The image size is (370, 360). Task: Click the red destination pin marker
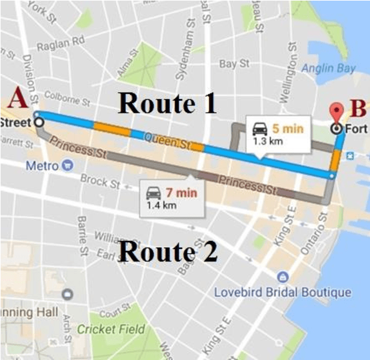pos(337,112)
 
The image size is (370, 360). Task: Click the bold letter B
pos(357,108)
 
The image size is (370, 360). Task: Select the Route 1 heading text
pos(168,103)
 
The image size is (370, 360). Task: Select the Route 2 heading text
pos(168,252)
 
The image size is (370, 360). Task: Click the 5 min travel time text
pos(287,130)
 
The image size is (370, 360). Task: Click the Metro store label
pos(42,166)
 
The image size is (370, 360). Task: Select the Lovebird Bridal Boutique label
pos(282,291)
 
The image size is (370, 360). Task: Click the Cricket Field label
pos(111,329)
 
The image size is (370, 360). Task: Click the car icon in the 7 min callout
pos(153,192)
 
